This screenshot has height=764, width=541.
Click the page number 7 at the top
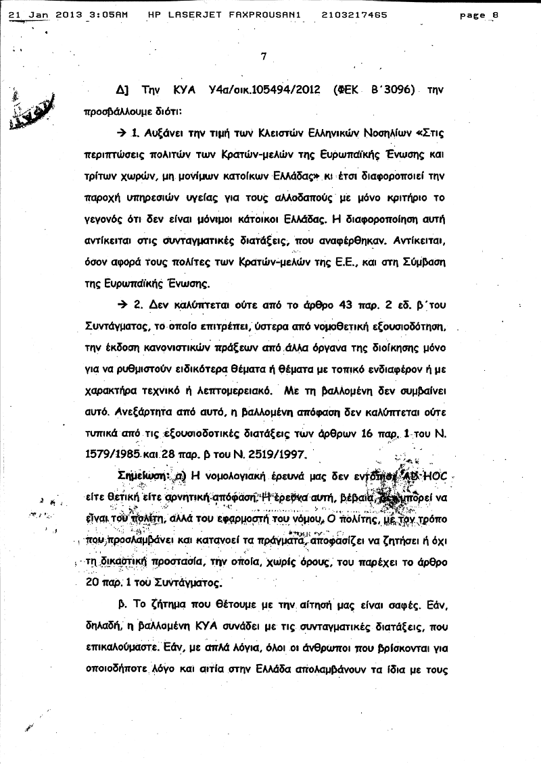tap(264, 57)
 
